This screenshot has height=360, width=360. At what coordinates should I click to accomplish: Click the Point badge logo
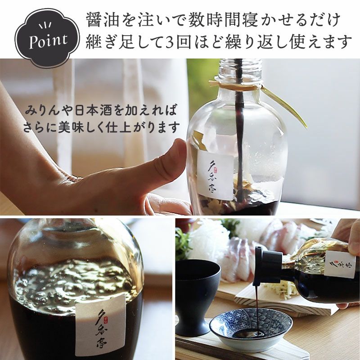tap(47, 38)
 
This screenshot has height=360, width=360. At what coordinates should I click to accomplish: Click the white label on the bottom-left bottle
tap(100, 325)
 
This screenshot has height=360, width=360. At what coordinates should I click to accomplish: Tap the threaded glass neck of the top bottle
tap(240, 68)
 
